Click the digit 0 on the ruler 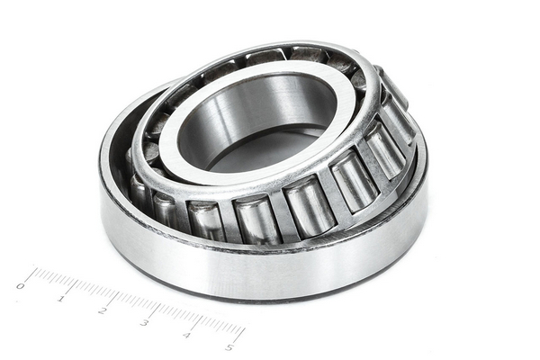click(x=21, y=286)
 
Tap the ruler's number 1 click(x=61, y=298)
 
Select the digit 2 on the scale click(x=102, y=310)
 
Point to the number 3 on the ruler click(x=144, y=323)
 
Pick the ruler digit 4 click(x=186, y=335)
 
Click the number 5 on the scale click(x=229, y=347)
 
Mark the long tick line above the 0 click(x=31, y=274)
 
